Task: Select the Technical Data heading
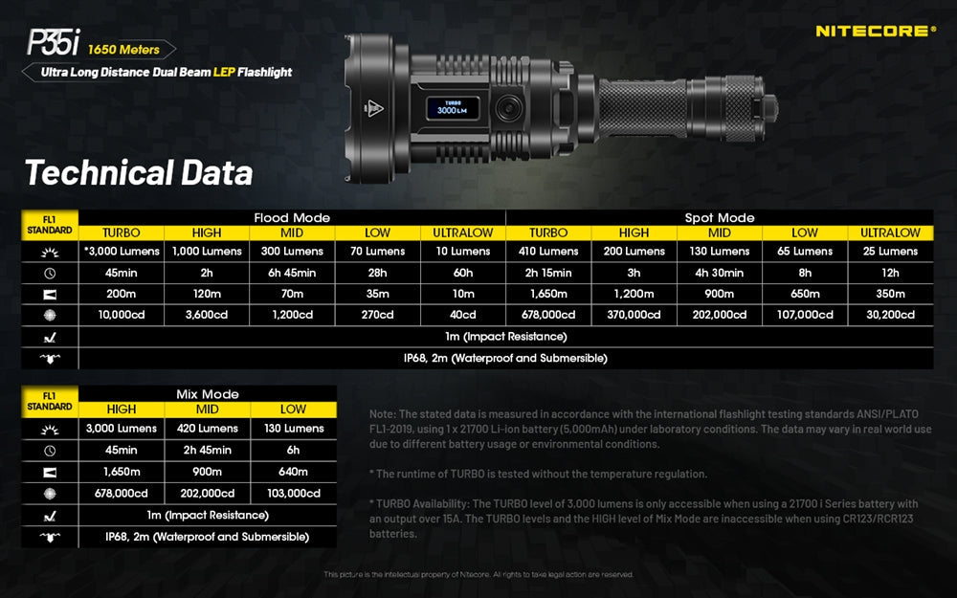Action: click(139, 173)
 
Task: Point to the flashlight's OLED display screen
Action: click(452, 107)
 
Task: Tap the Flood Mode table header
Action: click(292, 218)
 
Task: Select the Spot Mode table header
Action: click(720, 218)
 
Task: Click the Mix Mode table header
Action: click(208, 393)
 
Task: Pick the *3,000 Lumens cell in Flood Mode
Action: click(122, 252)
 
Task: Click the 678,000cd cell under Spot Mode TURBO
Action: click(548, 315)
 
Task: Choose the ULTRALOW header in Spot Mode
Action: click(890, 233)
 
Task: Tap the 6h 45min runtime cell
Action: click(292, 273)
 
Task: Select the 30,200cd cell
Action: click(890, 315)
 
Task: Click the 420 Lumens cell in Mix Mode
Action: click(208, 429)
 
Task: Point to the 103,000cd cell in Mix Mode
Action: click(293, 493)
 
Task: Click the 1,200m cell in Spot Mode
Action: click(634, 294)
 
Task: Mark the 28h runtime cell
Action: click(377, 273)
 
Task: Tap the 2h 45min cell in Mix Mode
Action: click(208, 451)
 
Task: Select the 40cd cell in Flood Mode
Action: click(462, 315)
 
